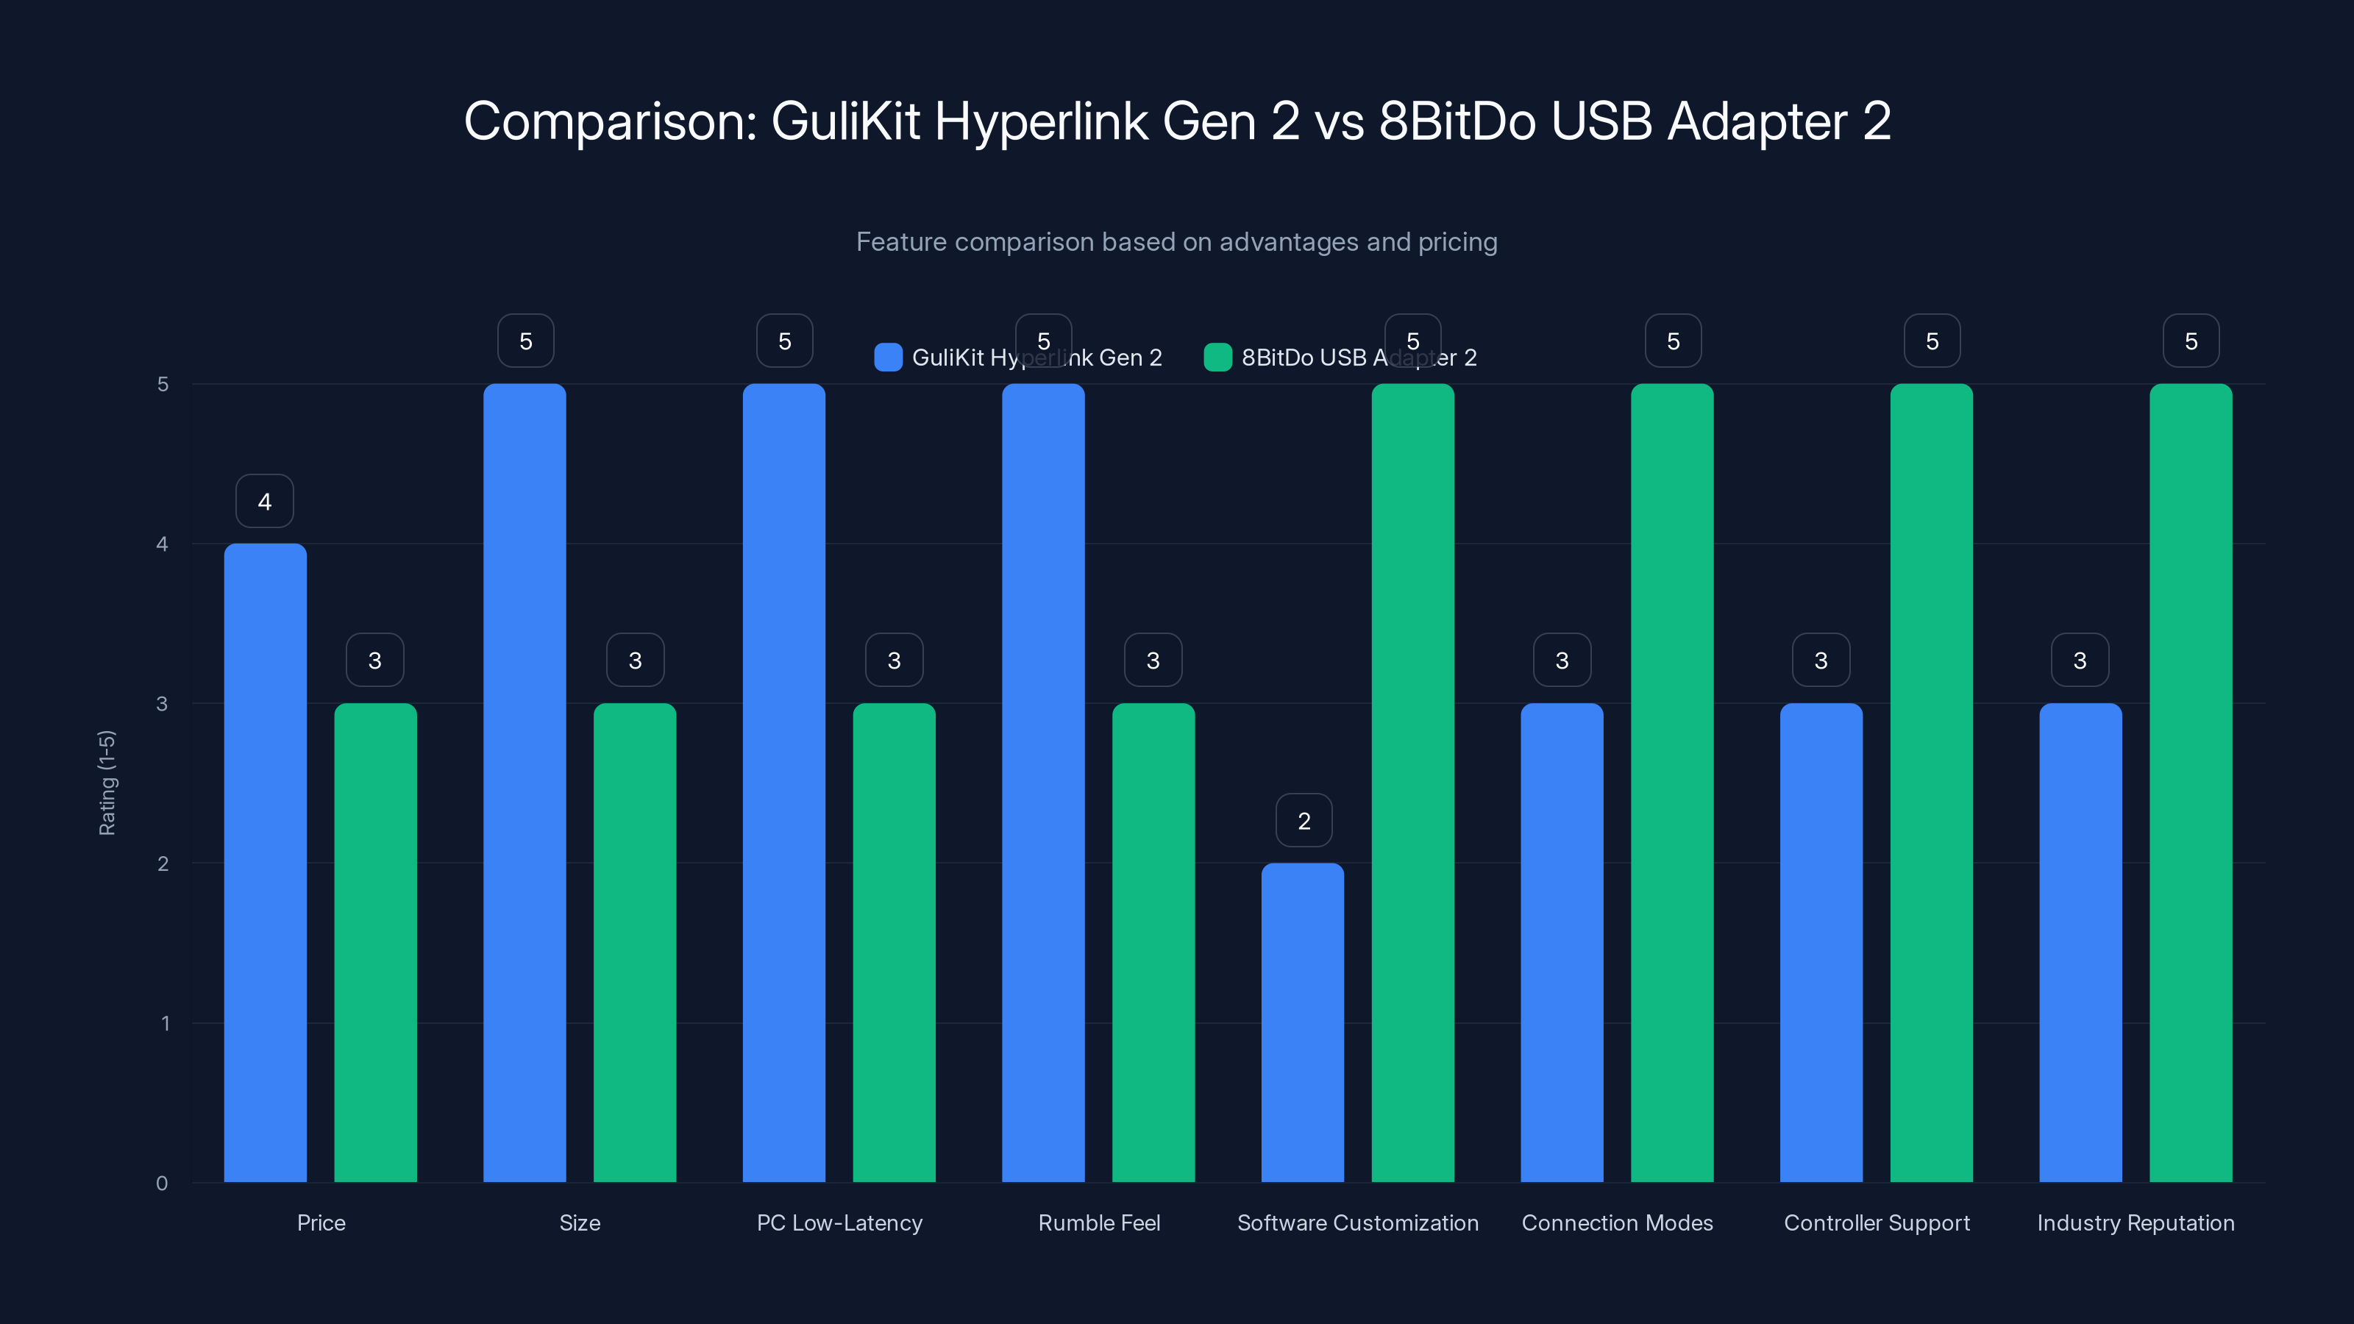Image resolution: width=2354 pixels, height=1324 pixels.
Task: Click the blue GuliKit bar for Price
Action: click(x=265, y=863)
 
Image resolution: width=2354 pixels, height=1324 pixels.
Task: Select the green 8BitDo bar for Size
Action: click(x=634, y=942)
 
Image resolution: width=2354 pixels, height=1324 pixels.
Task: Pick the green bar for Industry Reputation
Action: click(x=2191, y=783)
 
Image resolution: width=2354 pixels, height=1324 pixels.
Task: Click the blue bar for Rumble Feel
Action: click(x=1042, y=783)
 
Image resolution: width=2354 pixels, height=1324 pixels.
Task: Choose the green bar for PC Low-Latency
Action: click(x=894, y=942)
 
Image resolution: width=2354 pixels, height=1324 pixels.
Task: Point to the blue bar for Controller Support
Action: click(x=1821, y=942)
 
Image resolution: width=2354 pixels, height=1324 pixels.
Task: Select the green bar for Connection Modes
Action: click(x=1671, y=783)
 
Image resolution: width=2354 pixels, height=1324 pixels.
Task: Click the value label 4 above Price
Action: click(x=264, y=501)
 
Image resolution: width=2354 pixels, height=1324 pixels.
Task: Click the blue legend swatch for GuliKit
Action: click(x=887, y=357)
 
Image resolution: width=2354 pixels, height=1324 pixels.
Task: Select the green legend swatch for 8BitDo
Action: click(x=1217, y=357)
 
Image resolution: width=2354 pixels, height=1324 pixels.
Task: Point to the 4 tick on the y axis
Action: click(x=163, y=544)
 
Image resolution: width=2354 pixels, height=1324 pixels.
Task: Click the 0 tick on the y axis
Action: click(x=163, y=1184)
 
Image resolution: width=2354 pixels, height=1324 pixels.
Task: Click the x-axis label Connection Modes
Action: click(x=1617, y=1222)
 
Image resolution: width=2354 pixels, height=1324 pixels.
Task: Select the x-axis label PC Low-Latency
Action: click(x=839, y=1222)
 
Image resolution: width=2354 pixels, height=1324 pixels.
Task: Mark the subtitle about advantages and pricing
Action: click(x=1176, y=242)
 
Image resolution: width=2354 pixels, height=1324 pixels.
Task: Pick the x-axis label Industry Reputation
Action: click(x=2135, y=1222)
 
